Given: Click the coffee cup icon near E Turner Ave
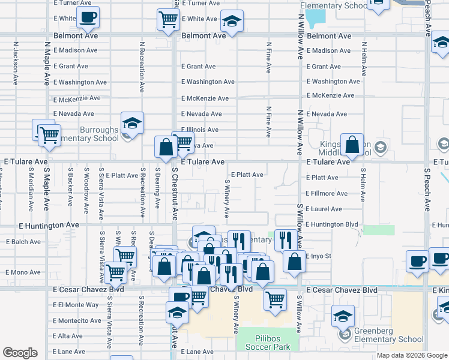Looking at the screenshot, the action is [x=88, y=17].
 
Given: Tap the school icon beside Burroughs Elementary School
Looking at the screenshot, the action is [x=132, y=124].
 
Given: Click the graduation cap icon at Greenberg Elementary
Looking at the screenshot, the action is [x=343, y=316].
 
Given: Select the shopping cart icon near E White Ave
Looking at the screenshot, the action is [x=168, y=19].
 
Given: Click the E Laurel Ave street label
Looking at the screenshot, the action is [x=324, y=209].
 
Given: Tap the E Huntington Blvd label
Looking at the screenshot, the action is [x=331, y=224].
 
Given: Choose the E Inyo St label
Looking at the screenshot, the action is [x=319, y=256].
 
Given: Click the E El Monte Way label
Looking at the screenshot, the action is [x=76, y=305].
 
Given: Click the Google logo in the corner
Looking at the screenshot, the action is [x=20, y=353].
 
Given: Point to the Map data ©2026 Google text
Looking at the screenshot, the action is [x=412, y=355].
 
